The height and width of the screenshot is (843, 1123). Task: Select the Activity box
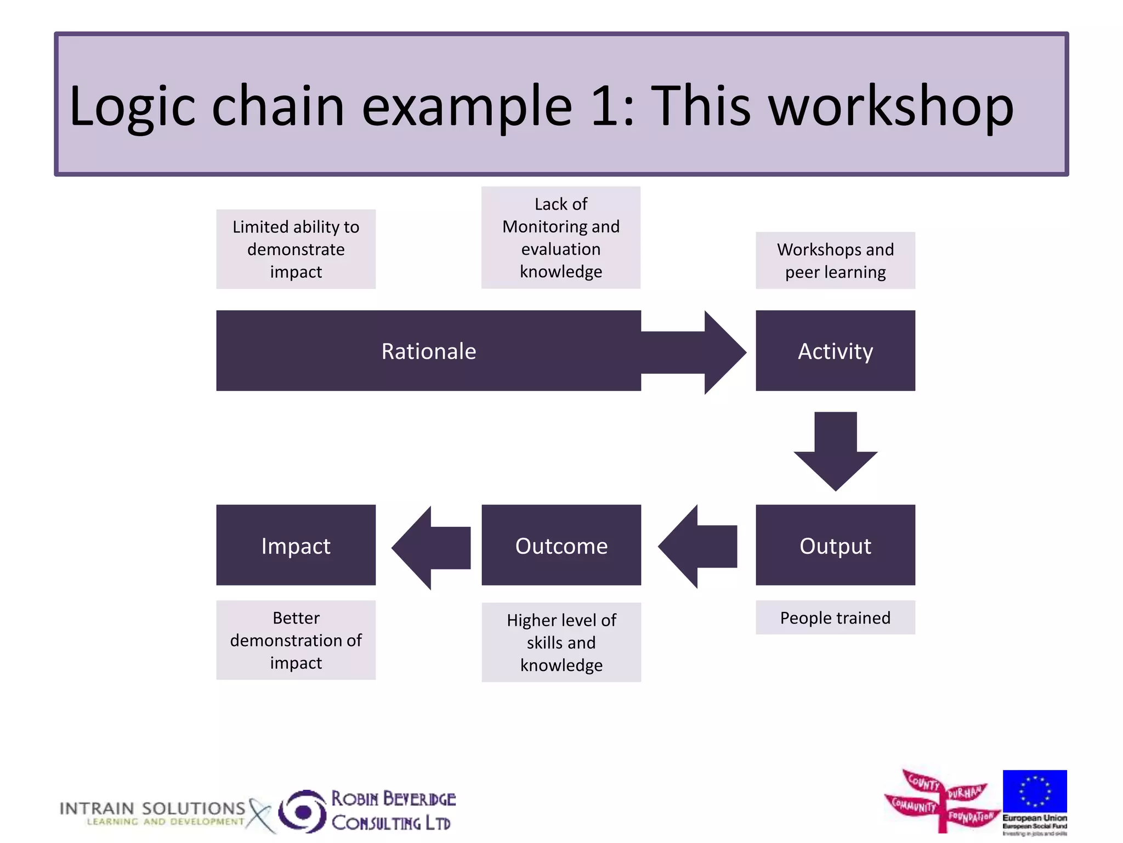click(835, 351)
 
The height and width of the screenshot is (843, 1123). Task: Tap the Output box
click(835, 545)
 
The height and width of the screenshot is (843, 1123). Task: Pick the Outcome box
click(561, 545)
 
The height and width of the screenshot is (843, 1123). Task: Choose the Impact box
click(296, 545)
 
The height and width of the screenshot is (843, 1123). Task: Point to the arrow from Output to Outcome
click(699, 546)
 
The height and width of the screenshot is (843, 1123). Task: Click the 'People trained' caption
click(835, 617)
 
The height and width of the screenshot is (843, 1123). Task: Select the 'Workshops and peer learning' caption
click(835, 260)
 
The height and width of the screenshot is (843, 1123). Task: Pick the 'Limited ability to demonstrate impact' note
click(296, 249)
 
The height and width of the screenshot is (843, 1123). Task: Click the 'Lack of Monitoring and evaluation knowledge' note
click(560, 237)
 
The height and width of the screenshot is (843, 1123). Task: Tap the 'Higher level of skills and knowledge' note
click(561, 642)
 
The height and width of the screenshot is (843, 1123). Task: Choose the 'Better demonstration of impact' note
click(296, 640)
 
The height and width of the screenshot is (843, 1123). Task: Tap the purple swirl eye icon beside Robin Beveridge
click(302, 811)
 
